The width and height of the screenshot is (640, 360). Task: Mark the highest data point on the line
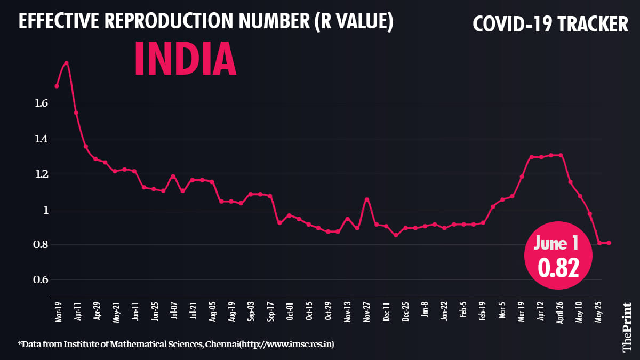[66, 63]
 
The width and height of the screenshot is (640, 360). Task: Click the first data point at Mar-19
[57, 86]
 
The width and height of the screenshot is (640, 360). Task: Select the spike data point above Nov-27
[366, 199]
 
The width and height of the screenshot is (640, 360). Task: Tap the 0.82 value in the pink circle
[558, 268]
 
